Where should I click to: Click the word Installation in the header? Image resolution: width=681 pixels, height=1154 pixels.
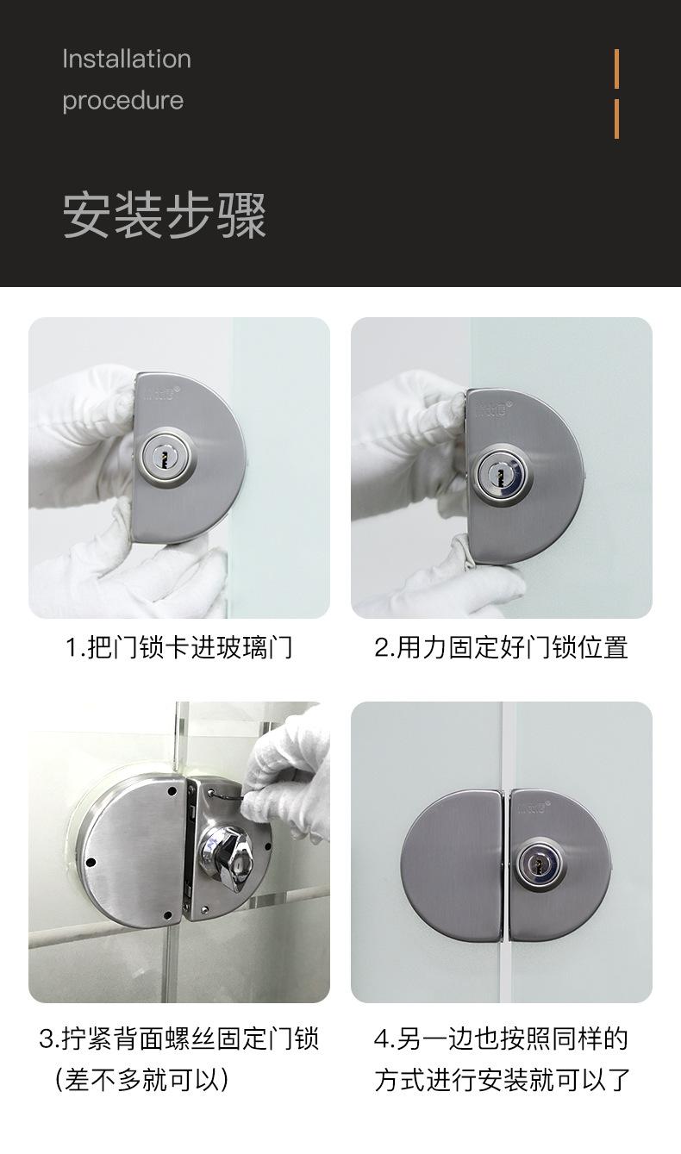click(x=127, y=59)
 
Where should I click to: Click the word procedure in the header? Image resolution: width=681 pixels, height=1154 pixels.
click(x=122, y=101)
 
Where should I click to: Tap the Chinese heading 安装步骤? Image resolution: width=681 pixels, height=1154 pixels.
click(x=165, y=215)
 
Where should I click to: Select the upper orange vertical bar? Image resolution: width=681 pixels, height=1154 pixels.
click(x=616, y=68)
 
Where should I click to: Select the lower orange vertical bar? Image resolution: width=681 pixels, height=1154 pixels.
click(x=616, y=119)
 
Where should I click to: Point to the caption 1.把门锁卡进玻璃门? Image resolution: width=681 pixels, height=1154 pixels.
click(x=179, y=647)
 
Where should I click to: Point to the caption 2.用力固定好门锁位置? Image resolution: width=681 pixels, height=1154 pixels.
click(x=501, y=647)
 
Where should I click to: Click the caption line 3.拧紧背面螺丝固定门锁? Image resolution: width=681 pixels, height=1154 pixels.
click(x=179, y=1039)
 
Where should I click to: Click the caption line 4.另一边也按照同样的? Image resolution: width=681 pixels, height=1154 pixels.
click(x=501, y=1039)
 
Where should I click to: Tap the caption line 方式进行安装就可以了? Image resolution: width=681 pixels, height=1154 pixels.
click(x=501, y=1079)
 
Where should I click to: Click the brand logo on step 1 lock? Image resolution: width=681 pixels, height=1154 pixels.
click(x=159, y=396)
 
